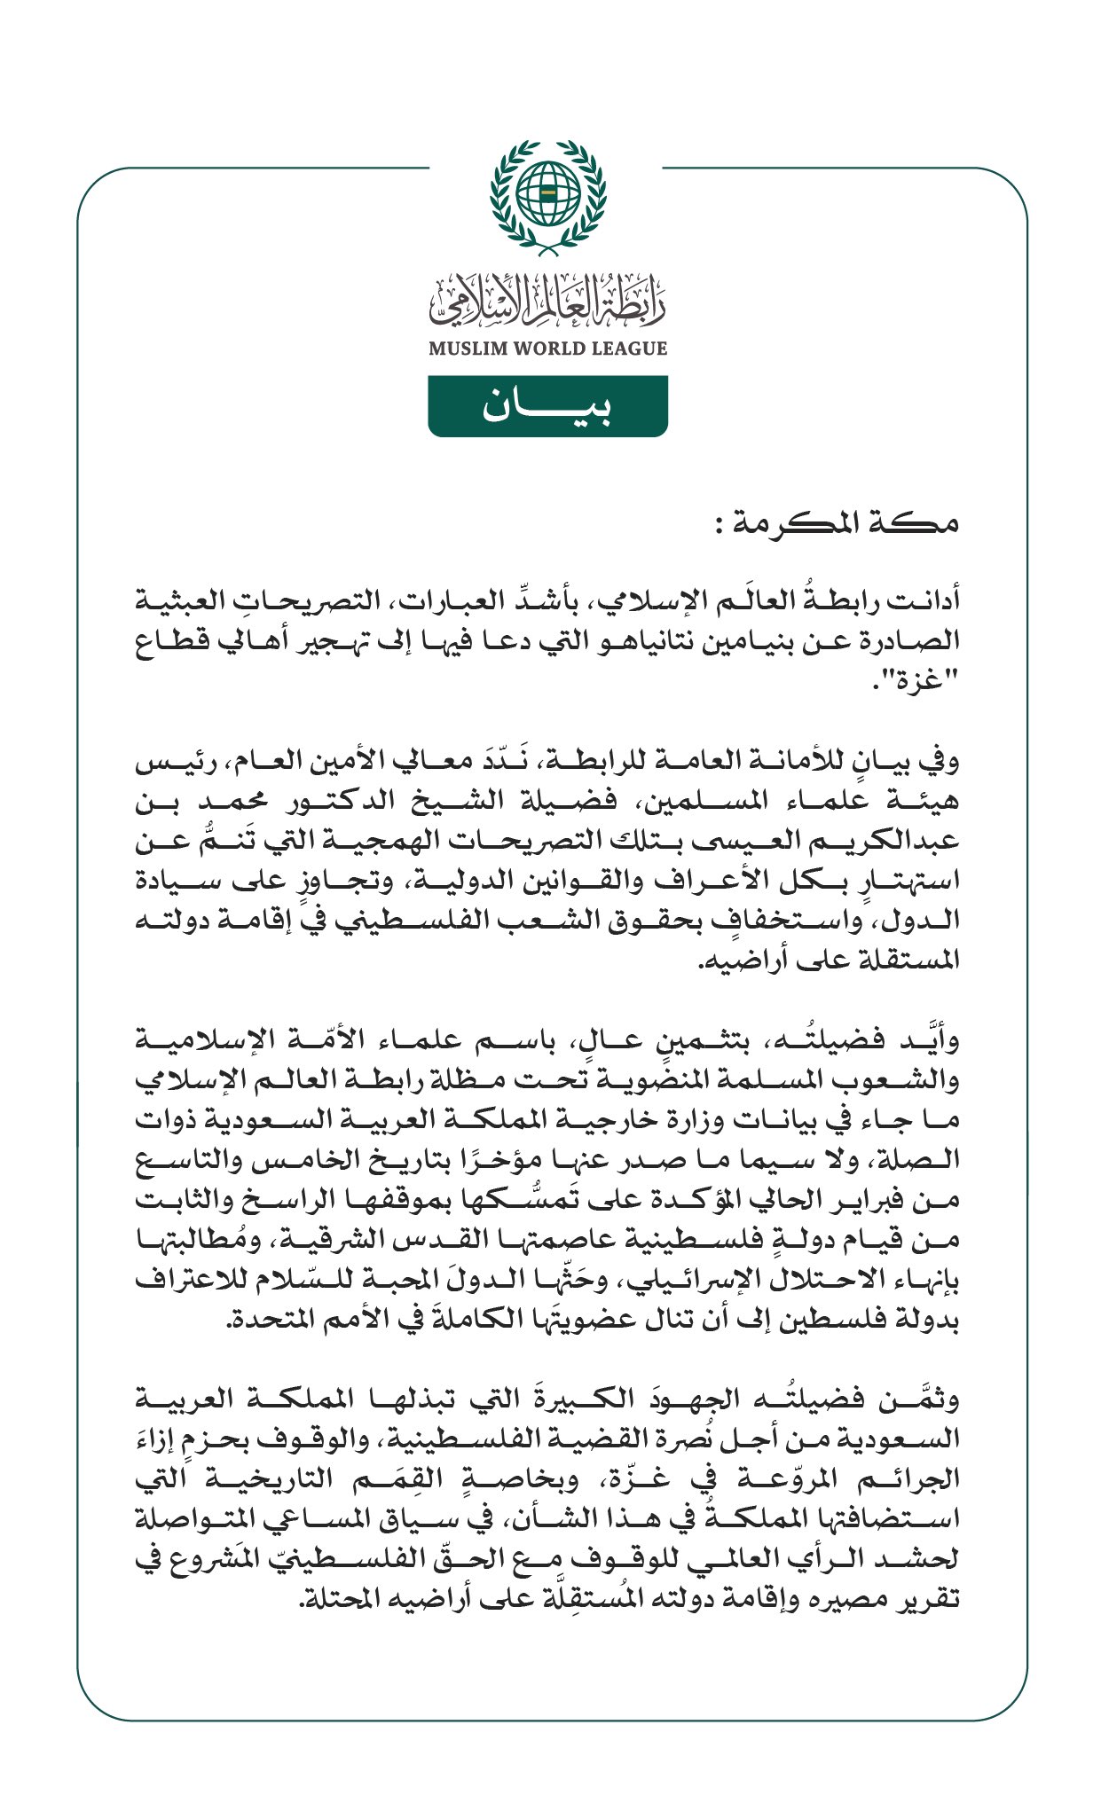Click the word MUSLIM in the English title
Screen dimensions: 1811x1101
pyautogui.click(x=468, y=349)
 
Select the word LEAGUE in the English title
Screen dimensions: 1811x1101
pyautogui.click(x=632, y=349)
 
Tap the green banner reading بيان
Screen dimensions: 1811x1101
pyautogui.click(x=547, y=406)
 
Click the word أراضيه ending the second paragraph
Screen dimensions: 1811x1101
pyautogui.click(x=739, y=960)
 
